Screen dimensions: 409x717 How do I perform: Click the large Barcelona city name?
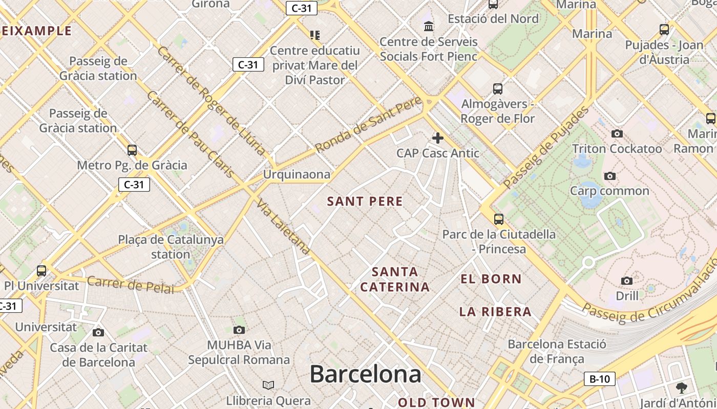coord(365,374)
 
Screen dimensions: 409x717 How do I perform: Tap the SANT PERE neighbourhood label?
coord(365,201)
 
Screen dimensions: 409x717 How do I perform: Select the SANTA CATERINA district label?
coord(395,279)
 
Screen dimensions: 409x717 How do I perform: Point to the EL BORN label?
coord(491,279)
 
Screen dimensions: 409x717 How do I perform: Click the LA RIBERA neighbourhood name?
coord(495,312)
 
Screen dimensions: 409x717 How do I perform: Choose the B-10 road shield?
coord(599,379)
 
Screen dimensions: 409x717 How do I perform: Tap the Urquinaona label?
coord(297,174)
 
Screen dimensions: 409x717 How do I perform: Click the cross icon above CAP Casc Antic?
coord(438,138)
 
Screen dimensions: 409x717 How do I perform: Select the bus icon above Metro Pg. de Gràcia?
coord(132,150)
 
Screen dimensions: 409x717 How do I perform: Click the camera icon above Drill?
coord(627,281)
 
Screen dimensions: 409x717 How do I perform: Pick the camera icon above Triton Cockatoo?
coord(617,133)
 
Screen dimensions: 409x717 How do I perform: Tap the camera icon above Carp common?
coord(609,176)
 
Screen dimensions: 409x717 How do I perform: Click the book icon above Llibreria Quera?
coord(268,385)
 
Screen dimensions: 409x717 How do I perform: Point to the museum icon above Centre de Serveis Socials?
coord(429,26)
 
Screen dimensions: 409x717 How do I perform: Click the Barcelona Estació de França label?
coord(557,351)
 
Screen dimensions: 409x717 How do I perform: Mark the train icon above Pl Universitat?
coord(41,270)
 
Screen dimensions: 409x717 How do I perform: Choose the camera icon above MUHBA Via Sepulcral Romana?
coord(239,330)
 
